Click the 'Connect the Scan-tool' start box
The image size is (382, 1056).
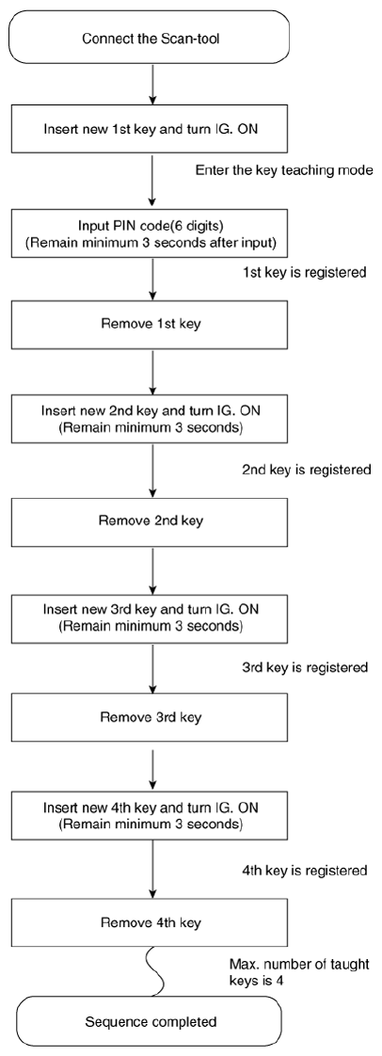click(151, 38)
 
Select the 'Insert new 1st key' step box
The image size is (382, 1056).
click(151, 129)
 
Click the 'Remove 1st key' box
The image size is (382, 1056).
click(151, 323)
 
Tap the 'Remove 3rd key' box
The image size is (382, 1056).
click(151, 716)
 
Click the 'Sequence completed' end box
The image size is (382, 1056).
click(151, 1022)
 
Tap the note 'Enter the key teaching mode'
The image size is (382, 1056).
click(283, 171)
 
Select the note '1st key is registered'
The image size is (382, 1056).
click(305, 274)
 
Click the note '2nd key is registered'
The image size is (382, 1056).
click(307, 470)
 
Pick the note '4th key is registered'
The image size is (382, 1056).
click(305, 871)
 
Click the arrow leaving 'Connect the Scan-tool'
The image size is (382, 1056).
click(153, 85)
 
